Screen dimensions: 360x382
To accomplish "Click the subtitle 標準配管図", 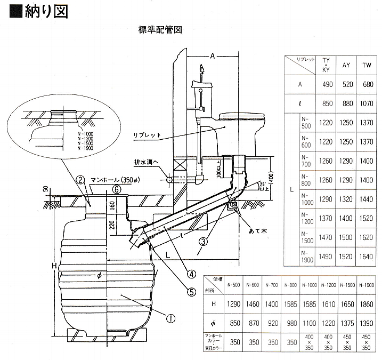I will (160, 30).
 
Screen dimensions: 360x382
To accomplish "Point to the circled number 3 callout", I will (202, 241).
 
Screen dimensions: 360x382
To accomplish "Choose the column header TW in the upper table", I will (367, 65).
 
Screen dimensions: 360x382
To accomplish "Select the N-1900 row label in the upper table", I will (306, 257).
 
